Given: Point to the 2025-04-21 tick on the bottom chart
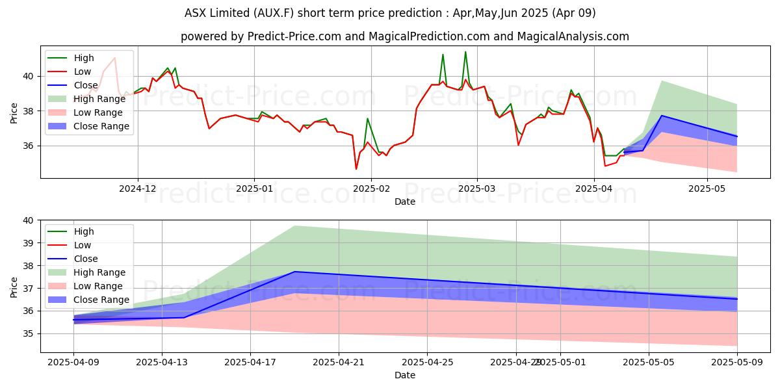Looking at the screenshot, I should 339,362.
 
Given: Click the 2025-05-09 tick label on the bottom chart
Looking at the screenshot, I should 736,362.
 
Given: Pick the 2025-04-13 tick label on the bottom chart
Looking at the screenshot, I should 162,362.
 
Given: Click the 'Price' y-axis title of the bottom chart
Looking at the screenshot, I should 14,287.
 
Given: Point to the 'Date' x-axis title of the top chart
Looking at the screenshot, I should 406,201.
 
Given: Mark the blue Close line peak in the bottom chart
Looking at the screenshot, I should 294,272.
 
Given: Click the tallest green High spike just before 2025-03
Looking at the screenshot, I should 465,51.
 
